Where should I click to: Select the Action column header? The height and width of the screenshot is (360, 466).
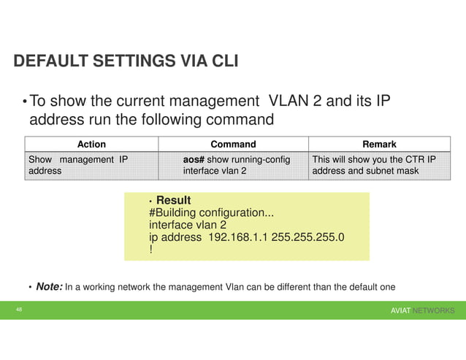coord(91,145)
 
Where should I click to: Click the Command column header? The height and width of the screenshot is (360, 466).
coord(233,145)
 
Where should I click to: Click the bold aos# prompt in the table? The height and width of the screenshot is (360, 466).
coord(196,159)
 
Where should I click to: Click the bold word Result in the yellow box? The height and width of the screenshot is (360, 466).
coord(174,200)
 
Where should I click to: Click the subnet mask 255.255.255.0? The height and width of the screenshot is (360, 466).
coord(308,237)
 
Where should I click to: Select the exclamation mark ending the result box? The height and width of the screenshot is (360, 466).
coord(150,250)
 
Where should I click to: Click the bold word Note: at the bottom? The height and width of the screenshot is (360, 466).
coord(50,287)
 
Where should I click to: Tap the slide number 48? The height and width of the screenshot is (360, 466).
coord(20,310)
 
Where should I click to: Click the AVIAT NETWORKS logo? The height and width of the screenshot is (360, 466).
coord(422,311)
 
